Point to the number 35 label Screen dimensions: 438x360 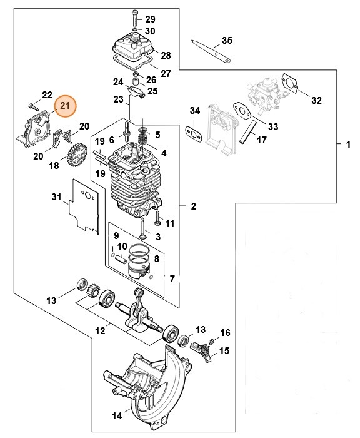[227, 41]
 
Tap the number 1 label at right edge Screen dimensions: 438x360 [348, 145]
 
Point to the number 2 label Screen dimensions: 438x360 [193, 206]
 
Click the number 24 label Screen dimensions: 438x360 [118, 81]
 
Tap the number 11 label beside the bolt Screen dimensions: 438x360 [169, 223]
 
